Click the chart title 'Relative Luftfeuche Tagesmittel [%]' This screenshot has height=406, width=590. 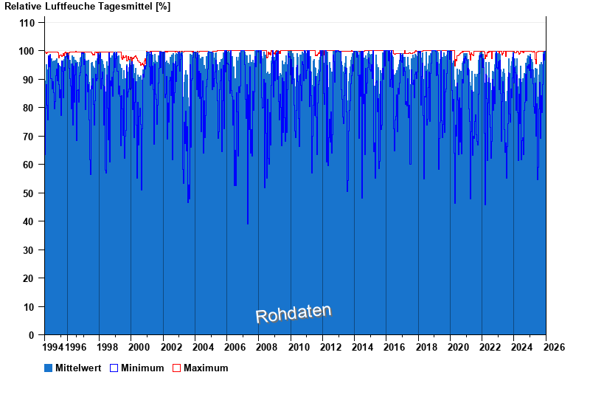(x=88, y=7)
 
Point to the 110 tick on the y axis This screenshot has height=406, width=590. (x=27, y=23)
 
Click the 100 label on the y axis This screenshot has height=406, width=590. (x=27, y=51)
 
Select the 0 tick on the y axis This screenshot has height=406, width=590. (x=32, y=335)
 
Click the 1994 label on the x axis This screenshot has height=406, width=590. (x=53, y=347)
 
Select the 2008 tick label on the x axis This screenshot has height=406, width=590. (x=266, y=347)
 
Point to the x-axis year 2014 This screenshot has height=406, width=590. (x=362, y=347)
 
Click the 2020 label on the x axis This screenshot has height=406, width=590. (x=458, y=347)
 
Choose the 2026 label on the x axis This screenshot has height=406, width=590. (x=554, y=347)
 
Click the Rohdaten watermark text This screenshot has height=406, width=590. (x=294, y=313)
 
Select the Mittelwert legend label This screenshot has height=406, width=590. (x=78, y=368)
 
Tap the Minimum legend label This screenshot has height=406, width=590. (x=142, y=368)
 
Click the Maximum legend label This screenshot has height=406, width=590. (x=206, y=368)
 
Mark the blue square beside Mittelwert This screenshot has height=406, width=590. (x=49, y=368)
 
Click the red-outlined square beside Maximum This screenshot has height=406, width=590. (x=176, y=368)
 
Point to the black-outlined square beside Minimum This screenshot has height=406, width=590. (x=114, y=368)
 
